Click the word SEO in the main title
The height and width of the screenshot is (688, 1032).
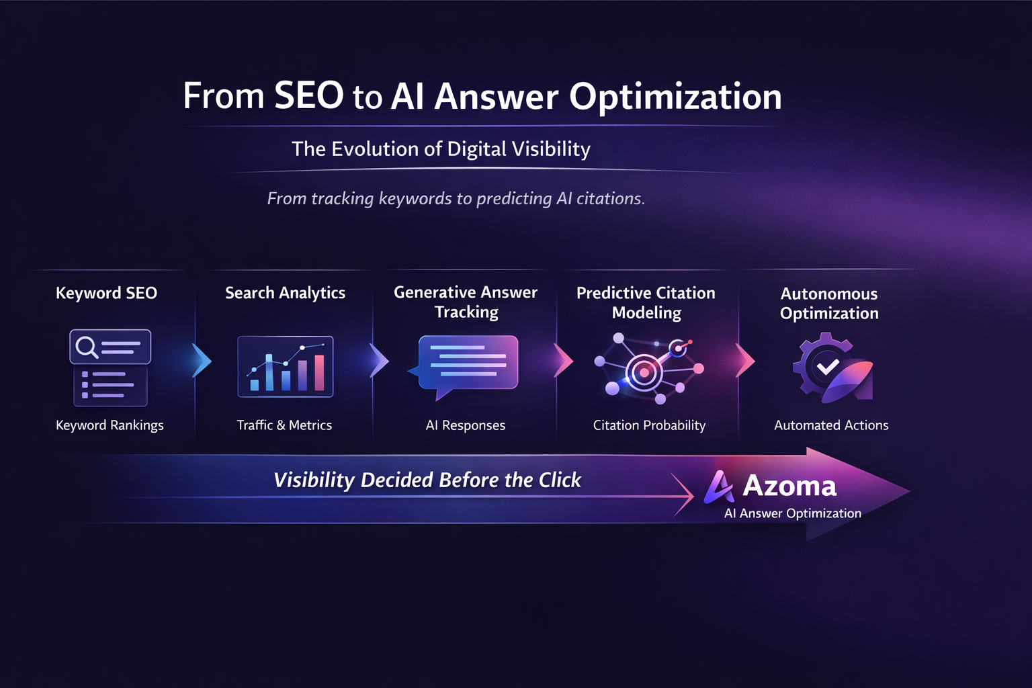click(309, 96)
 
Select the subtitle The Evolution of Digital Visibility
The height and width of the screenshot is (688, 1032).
click(441, 148)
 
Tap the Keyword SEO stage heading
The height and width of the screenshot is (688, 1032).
click(106, 293)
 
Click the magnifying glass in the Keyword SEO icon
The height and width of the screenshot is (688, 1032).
click(86, 347)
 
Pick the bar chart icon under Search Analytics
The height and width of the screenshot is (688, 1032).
click(286, 367)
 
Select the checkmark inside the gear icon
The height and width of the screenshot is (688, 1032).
click(827, 366)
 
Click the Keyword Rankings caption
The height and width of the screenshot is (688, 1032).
click(110, 425)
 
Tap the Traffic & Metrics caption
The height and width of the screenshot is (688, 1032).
click(284, 425)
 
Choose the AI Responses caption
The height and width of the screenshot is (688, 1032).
click(466, 425)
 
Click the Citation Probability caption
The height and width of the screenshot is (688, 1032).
click(649, 425)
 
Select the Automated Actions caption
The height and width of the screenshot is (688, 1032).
click(831, 425)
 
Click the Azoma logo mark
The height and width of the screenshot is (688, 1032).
click(718, 486)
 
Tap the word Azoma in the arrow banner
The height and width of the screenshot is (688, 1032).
click(789, 486)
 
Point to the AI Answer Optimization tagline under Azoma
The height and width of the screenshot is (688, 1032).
click(793, 513)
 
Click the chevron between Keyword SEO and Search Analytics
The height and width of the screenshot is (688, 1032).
click(201, 361)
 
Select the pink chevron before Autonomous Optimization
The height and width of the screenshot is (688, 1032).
click(744, 361)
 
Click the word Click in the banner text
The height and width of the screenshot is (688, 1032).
click(560, 480)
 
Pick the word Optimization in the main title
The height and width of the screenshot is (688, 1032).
click(675, 96)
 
